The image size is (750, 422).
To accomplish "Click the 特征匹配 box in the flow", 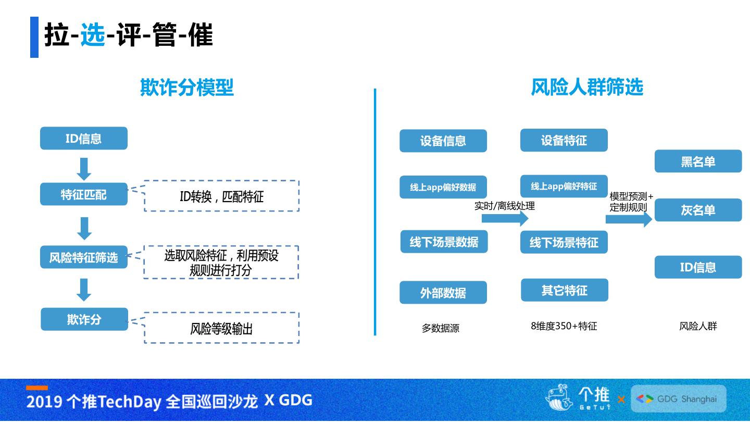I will (84, 194).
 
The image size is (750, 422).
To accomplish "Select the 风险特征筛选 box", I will (84, 257).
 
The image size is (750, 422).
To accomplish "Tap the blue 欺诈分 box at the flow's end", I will (84, 319).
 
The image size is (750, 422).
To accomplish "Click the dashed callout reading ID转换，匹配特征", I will (221, 196).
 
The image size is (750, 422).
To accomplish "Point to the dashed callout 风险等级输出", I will (221, 328).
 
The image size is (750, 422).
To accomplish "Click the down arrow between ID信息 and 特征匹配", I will (84, 169).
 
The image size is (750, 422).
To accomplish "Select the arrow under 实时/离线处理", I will (505, 218).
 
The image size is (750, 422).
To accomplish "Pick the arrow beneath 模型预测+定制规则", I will (629, 219).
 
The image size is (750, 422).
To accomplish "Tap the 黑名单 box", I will (698, 162).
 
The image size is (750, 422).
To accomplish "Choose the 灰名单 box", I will (698, 210).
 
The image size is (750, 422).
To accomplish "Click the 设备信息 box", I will (443, 141).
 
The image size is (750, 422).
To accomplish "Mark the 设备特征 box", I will (564, 140).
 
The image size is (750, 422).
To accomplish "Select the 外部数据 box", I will (443, 293).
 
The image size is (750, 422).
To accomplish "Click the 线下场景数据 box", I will (444, 242).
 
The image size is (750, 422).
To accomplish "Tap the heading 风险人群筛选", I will (587, 87).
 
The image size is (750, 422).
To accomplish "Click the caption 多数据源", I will (441, 328).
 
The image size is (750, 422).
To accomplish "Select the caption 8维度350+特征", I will (564, 326).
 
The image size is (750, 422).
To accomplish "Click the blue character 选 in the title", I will (93, 36).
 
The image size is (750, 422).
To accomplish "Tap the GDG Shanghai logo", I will (678, 399).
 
